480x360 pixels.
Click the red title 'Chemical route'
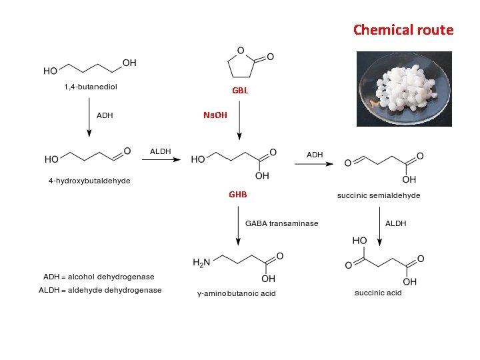click(x=403, y=30)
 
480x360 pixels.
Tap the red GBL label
click(x=240, y=91)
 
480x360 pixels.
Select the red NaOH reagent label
click(x=215, y=115)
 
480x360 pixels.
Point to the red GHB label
click(x=238, y=195)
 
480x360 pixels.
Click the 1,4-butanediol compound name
click(x=90, y=87)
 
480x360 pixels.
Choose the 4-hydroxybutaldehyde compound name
click(x=89, y=181)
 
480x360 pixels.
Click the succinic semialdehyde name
click(x=379, y=196)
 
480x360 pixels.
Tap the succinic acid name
click(x=378, y=293)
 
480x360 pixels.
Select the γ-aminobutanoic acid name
click(x=236, y=293)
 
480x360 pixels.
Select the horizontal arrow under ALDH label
click(x=162, y=159)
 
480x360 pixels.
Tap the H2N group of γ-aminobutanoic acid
click(x=201, y=263)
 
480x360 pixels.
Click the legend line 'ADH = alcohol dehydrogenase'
click(x=99, y=277)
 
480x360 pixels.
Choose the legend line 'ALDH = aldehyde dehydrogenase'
click(x=100, y=290)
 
